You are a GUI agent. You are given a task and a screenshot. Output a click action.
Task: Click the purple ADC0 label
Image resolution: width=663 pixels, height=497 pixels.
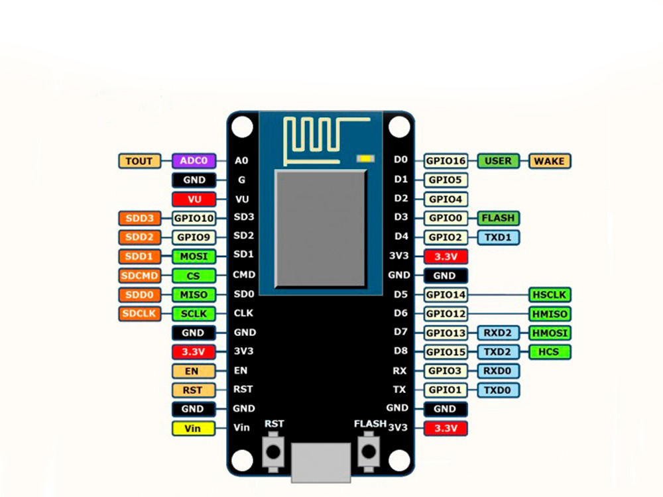[194, 160]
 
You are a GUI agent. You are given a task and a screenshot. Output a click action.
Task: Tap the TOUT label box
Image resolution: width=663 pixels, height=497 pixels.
[139, 160]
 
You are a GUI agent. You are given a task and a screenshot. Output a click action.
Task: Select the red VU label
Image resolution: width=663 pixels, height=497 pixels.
[194, 199]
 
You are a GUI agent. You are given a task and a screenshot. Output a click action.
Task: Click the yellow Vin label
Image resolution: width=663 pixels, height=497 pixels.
[194, 428]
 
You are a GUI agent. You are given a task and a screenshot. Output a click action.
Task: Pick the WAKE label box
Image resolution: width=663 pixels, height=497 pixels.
[550, 160]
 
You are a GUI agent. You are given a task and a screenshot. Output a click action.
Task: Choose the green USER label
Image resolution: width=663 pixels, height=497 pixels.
[498, 160]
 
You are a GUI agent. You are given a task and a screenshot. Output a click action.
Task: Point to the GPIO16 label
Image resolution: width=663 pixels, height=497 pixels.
[446, 160]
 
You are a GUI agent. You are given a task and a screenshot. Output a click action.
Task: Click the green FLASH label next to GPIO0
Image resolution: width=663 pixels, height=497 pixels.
[498, 218]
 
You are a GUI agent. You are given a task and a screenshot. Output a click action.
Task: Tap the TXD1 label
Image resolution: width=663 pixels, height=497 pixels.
[498, 237]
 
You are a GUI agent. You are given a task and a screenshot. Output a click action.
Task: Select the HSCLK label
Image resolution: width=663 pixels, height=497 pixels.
[550, 294]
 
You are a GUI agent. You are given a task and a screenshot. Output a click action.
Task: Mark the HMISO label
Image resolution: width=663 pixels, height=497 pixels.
[550, 313]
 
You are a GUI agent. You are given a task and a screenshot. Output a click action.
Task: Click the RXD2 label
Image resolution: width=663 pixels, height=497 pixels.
[498, 333]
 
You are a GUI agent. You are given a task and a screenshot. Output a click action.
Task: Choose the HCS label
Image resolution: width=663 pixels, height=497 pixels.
[550, 352]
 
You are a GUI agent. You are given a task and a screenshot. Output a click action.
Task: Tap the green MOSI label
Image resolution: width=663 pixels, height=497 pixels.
[194, 256]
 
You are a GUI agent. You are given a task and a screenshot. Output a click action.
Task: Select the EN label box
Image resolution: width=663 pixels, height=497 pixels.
[194, 371]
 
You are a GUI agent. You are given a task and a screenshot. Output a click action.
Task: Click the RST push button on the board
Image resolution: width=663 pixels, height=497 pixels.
[272, 452]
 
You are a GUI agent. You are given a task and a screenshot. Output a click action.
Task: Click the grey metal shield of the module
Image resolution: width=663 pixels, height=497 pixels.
[320, 229]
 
